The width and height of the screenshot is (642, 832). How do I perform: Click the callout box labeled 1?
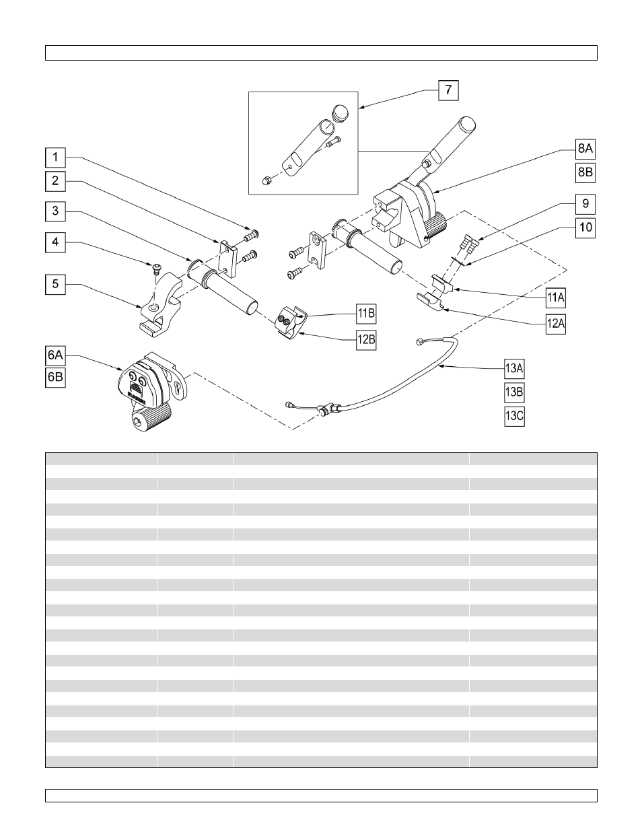point(55,158)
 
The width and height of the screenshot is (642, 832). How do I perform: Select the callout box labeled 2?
point(55,180)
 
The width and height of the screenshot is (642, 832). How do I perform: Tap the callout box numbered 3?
point(55,211)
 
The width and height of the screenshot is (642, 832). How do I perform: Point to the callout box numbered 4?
point(55,242)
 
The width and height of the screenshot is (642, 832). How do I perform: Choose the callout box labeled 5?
point(55,284)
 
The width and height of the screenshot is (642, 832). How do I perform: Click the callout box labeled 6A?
point(55,355)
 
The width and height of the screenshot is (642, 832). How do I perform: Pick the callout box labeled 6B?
point(55,378)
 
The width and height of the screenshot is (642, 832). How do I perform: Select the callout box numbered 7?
point(449,90)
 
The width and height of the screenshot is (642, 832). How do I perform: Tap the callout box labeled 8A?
point(585,149)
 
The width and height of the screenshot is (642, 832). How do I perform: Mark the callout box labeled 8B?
point(585,172)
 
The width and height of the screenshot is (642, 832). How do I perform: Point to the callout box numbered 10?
point(585,228)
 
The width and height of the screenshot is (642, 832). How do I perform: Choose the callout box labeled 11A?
point(556,297)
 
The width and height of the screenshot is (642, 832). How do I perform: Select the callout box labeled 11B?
point(366,313)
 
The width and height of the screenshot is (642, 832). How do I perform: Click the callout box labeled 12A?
point(556,324)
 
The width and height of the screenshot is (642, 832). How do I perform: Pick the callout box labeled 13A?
point(514,368)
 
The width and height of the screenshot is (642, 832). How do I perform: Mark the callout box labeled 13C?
point(514,416)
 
